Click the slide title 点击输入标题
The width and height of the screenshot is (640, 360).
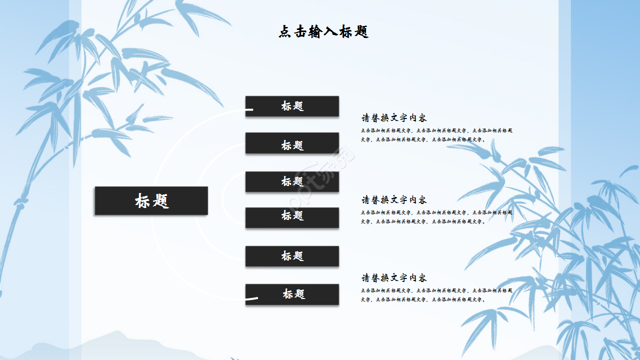323,32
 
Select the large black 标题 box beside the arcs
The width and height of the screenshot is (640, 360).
151,201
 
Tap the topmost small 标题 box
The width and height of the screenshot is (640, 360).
292,106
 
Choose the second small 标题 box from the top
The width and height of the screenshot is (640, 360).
292,145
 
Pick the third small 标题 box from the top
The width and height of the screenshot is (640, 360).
292,181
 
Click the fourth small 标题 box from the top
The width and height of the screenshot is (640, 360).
292,215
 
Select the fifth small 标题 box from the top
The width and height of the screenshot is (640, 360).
292,256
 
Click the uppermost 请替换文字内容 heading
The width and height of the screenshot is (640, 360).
394,118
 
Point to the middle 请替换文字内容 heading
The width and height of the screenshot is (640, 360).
394,200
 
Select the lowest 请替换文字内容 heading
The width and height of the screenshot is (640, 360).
394,278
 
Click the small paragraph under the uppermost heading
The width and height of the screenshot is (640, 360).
436,135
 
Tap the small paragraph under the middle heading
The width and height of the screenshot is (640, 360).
436,217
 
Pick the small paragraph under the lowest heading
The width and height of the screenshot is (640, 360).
436,295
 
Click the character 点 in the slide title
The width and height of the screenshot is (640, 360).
285,32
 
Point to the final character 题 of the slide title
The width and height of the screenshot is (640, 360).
361,32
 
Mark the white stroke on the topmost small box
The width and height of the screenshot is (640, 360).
249,109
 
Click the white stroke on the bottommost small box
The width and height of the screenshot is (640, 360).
252,299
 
